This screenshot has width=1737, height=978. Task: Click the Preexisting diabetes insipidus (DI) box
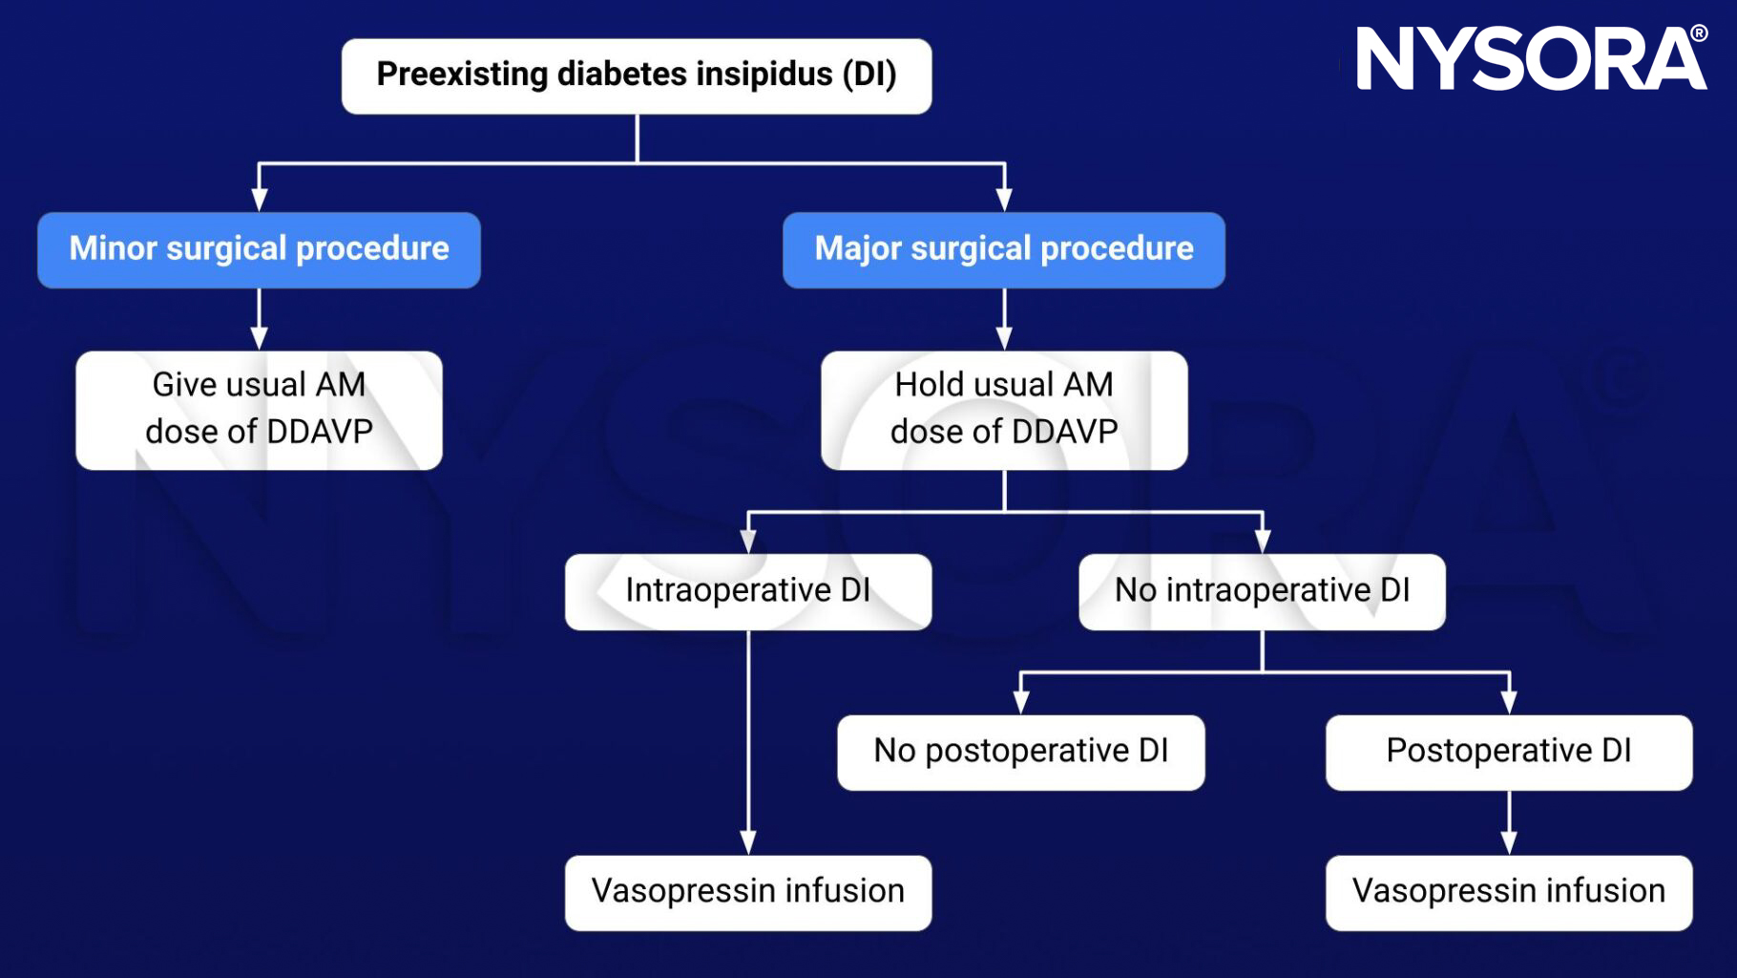637,75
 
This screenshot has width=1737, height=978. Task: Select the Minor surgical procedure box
259,249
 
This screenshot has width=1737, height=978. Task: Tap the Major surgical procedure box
1003,249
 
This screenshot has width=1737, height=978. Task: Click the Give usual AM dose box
259,410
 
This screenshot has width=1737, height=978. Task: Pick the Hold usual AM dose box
1003,410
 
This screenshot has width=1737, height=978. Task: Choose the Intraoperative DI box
747,591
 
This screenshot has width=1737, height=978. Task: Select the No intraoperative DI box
1262,591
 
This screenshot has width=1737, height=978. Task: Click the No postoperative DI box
1020,752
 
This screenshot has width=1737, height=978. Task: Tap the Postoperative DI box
1508,752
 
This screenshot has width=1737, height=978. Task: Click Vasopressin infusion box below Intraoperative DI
747,892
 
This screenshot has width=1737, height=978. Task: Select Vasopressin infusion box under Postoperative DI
1508,892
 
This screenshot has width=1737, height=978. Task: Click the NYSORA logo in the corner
1527,59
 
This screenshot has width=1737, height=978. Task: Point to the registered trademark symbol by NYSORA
1699,33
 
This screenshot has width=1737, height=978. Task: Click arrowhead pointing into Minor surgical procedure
259,200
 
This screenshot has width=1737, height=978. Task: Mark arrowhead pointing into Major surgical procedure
1003,200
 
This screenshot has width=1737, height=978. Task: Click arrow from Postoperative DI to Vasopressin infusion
1508,823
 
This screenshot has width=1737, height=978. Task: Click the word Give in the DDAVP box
182,385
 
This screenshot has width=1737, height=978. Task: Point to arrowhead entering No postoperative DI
1020,702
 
